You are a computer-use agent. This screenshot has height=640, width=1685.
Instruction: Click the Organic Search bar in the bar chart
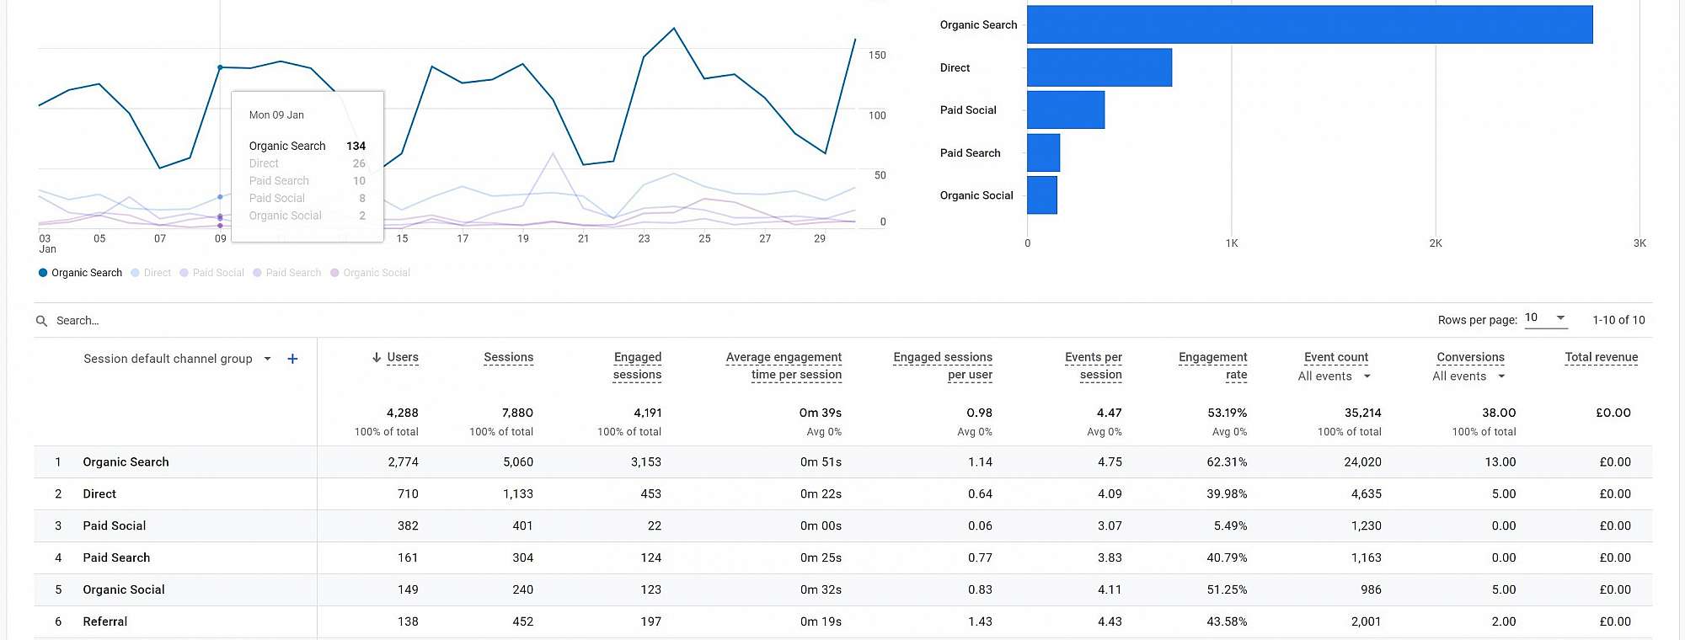point(1309,24)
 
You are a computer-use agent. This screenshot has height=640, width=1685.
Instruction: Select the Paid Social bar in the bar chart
point(1066,110)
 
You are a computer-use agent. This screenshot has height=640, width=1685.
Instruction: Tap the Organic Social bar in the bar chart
point(1042,195)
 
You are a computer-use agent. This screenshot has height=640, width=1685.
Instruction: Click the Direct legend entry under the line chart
point(157,273)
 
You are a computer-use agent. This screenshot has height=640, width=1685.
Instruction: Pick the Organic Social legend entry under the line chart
point(376,273)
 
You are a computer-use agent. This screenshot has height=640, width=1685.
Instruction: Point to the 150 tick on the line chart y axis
point(877,56)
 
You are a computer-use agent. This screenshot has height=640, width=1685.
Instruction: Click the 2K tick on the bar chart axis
point(1436,243)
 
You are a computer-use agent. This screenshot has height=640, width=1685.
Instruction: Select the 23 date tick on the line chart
point(644,239)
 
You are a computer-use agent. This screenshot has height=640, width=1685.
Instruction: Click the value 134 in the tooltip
point(356,147)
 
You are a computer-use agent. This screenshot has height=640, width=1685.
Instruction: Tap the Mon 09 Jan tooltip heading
point(276,115)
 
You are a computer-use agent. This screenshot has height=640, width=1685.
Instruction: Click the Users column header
point(402,357)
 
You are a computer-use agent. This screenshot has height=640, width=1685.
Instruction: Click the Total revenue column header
point(1601,357)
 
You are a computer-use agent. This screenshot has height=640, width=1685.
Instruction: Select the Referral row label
point(105,621)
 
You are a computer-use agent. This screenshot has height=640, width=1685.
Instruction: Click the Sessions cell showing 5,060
point(517,462)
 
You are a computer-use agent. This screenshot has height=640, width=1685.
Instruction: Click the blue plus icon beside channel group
point(292,359)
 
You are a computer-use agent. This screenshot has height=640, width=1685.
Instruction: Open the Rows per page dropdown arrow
point(1560,317)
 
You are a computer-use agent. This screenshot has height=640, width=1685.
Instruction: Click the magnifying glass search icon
point(41,321)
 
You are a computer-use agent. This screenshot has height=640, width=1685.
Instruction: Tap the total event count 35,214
point(1362,413)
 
